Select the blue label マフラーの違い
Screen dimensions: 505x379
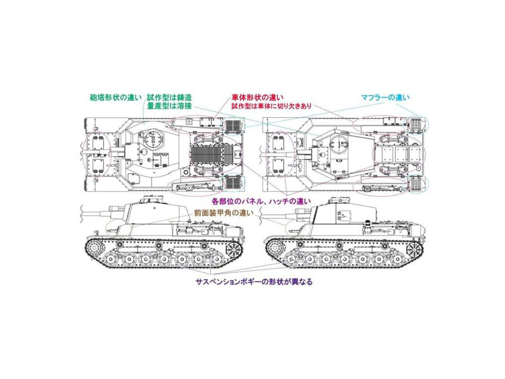(x=385, y=98)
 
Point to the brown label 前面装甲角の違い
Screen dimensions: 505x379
(x=224, y=213)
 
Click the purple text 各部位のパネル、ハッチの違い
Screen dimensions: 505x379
(x=261, y=202)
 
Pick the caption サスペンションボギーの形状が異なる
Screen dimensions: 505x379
(x=254, y=281)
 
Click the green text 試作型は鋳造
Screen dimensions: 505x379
(x=169, y=98)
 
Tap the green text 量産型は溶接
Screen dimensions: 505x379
(x=169, y=106)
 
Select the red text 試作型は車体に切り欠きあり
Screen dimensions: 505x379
(x=271, y=106)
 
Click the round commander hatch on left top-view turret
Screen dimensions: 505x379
(x=153, y=138)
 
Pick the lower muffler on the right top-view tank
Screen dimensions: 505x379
(x=418, y=183)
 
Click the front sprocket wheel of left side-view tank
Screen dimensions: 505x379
(x=95, y=248)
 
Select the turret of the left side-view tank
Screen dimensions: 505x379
(x=151, y=212)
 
